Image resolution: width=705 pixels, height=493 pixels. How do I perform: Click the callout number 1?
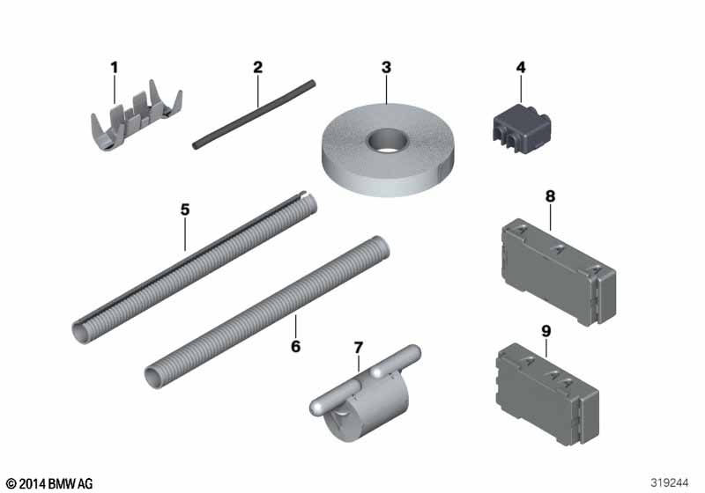pos(115,68)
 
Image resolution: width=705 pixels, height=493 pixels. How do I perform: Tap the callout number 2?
pos(257,68)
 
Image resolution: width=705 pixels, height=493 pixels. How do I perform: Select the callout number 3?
pos(386,68)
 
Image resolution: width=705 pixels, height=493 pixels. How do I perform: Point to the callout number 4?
pos(521,68)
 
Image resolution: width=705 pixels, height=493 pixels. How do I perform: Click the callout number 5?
pos(185,210)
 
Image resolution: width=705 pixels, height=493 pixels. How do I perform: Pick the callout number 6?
pos(295,346)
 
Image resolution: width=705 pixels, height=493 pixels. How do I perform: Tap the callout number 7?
pos(358,348)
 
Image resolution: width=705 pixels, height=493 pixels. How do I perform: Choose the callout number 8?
pos(550,196)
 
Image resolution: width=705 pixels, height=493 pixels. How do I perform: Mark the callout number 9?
pos(545,331)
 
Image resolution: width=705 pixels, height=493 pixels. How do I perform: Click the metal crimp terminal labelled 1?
pos(136,118)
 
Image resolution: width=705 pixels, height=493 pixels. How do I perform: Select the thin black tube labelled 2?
pos(254,114)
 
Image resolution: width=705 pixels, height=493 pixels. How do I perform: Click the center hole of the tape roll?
pos(388,139)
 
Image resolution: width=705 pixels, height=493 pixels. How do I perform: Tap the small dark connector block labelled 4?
pos(522,129)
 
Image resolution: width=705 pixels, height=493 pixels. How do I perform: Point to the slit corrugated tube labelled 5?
pos(194,267)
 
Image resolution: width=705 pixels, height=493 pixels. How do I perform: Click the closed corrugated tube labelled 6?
pos(267,311)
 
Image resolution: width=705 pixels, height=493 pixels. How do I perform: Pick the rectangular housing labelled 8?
pos(559,272)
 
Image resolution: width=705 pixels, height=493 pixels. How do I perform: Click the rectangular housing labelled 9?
pos(547,394)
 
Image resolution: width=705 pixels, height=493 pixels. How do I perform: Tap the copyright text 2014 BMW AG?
pos(49,483)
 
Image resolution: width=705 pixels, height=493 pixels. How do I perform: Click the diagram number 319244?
pos(670,482)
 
